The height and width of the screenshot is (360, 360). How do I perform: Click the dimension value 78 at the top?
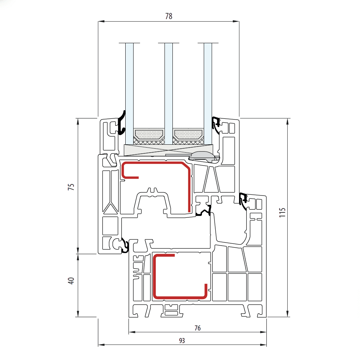click(168, 16)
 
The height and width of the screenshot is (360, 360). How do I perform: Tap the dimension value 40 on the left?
click(71, 281)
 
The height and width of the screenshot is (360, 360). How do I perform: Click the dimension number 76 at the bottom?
click(197, 328)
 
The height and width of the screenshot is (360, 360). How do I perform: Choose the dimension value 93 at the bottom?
click(182, 341)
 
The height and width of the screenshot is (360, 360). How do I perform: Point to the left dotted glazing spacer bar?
click(149, 135)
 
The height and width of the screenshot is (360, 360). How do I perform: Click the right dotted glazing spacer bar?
click(188, 135)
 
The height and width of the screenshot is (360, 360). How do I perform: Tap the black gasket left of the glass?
click(122, 122)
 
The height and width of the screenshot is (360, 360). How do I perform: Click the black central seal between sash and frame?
click(203, 211)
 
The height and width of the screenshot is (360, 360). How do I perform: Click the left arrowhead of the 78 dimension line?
click(101, 22)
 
